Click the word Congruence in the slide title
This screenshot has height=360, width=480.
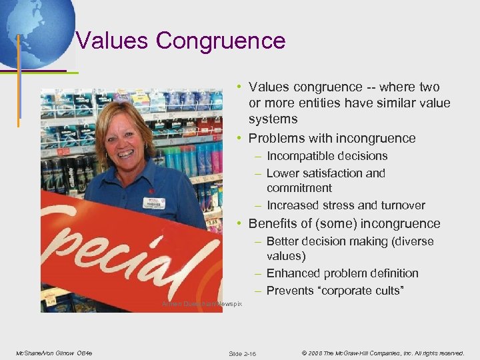221,41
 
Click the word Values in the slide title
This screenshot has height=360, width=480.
113,41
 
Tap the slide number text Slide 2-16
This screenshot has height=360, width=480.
242,353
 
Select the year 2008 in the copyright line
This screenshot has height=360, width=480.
316,353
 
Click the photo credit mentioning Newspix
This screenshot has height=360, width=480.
202,304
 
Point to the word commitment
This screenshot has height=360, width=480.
299,188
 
